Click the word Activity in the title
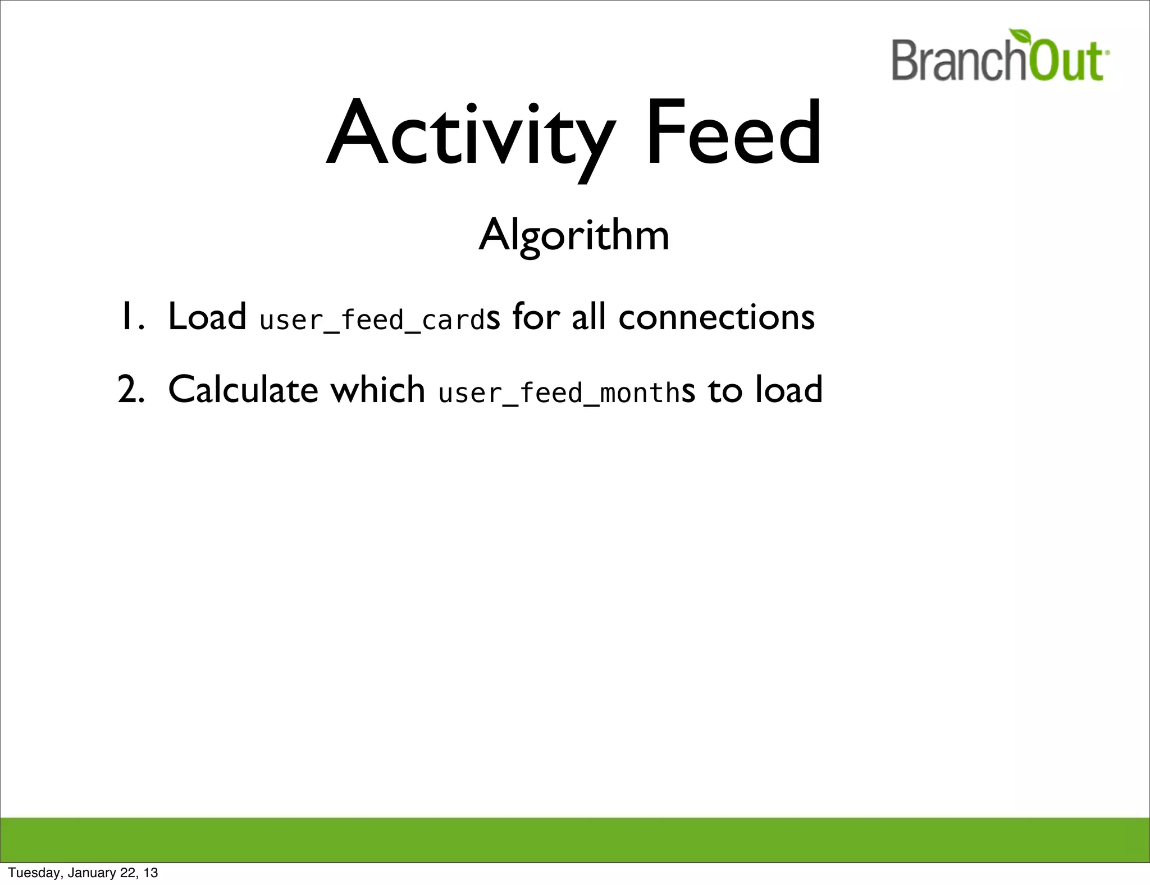pos(471,135)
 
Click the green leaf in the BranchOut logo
pos(1021,38)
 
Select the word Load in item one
pos(207,317)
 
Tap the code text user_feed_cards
pos(372,320)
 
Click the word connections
pos(716,317)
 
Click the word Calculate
pos(243,390)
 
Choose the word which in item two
pos(377,390)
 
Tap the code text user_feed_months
pos(559,393)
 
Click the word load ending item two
pos(788,390)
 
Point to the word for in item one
pos(536,317)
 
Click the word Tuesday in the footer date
pos(34,873)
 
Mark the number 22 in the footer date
pos(127,873)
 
